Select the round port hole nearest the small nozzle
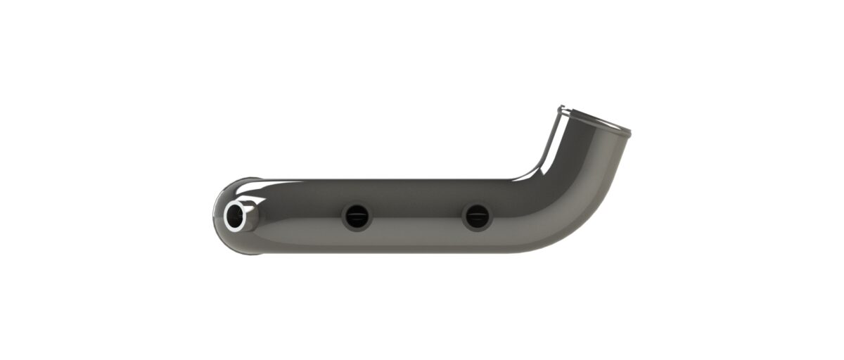coord(356,217)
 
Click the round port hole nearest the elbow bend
coord(476,217)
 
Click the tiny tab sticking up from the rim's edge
coord(561,108)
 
